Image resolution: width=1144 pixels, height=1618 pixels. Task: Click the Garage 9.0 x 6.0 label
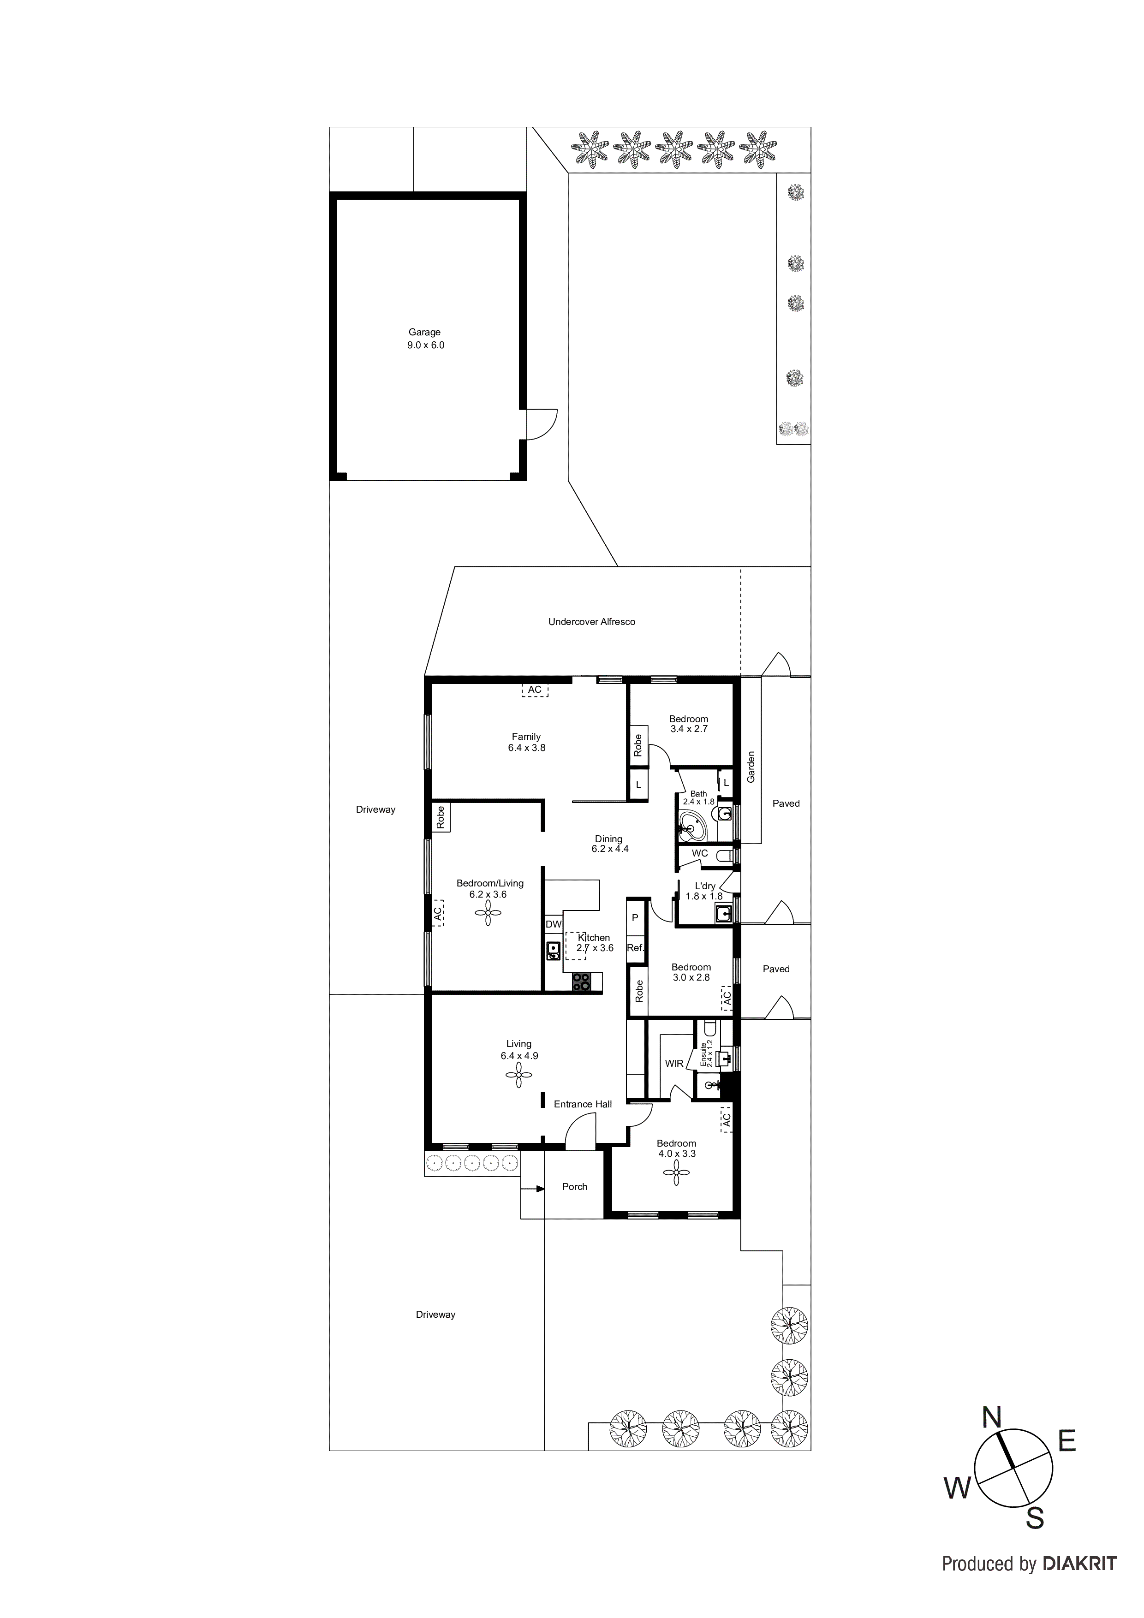click(x=425, y=338)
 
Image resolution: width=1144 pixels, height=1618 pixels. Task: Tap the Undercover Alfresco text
click(x=591, y=622)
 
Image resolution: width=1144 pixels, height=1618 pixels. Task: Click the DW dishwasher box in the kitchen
click(x=554, y=924)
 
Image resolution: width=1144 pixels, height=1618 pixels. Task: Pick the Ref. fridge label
click(x=635, y=948)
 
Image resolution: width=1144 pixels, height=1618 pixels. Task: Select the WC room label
click(x=699, y=853)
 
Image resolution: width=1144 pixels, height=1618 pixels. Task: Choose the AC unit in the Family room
click(x=535, y=689)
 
